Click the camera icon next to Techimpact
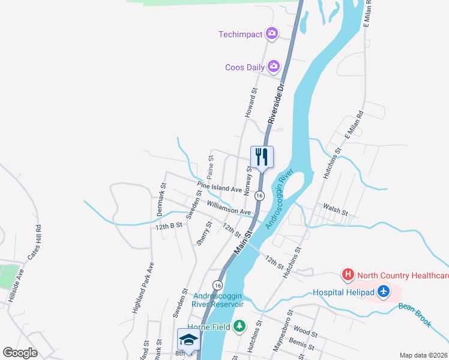pos(272,34)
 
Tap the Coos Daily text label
pos(244,67)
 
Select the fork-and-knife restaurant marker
pos(262,157)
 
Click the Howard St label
pos(250,103)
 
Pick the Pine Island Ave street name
pos(219,188)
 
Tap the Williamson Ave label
pos(229,208)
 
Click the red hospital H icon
pos(348,275)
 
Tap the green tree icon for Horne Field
pos(240,326)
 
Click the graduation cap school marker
pos(188,340)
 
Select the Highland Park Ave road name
pos(143,289)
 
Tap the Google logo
pos(20,353)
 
